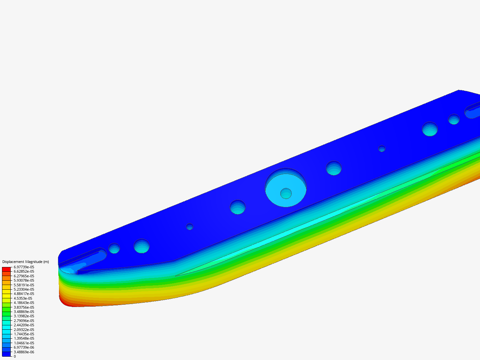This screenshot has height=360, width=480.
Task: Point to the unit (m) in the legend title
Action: tap(46, 262)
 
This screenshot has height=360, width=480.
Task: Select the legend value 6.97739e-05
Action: tap(24, 267)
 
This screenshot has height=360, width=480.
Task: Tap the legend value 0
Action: tap(15, 356)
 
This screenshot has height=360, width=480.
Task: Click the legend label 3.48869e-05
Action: tap(24, 312)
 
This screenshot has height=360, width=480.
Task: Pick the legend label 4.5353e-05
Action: tap(23, 298)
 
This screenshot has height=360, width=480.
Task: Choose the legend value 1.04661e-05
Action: tap(24, 343)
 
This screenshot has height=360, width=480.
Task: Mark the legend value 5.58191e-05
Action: tap(24, 285)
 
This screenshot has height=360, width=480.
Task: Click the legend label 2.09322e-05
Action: tap(24, 330)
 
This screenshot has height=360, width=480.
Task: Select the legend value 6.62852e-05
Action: tap(24, 271)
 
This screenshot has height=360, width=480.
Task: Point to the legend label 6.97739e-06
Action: tap(24, 347)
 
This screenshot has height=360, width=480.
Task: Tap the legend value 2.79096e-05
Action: tap(24, 321)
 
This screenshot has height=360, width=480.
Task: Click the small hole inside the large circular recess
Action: tap(286, 193)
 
